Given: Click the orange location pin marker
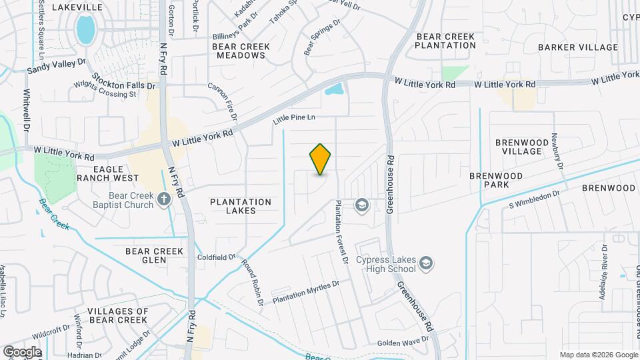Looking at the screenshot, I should click(x=321, y=159).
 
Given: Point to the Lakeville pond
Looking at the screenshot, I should click(x=85, y=29).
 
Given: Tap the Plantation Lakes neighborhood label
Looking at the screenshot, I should click(x=241, y=206).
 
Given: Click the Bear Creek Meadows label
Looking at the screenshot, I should click(x=241, y=51).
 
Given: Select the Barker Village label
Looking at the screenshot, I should click(x=578, y=47).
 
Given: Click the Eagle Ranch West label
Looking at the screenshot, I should click(x=107, y=173).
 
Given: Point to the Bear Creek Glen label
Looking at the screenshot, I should click(x=154, y=256).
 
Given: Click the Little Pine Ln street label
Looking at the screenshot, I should click(x=293, y=119).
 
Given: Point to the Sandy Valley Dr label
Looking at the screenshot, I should click(x=57, y=65).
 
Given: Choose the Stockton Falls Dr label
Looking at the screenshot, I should click(x=123, y=81).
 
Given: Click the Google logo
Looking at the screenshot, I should click(x=22, y=351).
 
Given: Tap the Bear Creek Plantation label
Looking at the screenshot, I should click(x=445, y=40).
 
